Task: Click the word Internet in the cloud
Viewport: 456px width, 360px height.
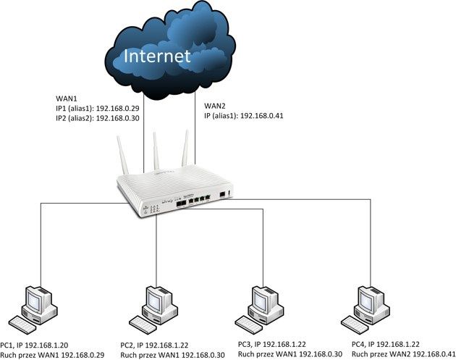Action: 157,56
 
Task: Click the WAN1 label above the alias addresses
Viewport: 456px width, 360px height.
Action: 67,99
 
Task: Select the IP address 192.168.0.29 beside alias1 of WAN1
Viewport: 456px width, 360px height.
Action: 117,109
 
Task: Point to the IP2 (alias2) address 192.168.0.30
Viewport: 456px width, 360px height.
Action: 117,118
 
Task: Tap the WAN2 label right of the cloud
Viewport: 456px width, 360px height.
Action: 215,106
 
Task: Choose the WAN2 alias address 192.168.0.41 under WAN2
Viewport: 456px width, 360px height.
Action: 262,116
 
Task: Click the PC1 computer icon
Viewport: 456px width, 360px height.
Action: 33,310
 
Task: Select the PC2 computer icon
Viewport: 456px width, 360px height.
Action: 153,310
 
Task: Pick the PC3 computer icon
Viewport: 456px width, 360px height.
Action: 259,310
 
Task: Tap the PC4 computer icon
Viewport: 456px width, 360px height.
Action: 366,310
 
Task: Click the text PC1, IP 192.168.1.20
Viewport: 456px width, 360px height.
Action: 34,346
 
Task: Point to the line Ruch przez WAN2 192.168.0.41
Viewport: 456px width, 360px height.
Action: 403,354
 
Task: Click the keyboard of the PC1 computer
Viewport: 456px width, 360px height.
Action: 22,325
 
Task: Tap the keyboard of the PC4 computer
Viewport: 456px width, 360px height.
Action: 355,325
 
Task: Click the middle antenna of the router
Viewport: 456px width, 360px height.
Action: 156,151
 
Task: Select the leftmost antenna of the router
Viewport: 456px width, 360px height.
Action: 122,155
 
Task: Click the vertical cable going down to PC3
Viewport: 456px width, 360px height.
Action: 263,248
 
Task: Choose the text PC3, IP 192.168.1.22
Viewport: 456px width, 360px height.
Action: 272,344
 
